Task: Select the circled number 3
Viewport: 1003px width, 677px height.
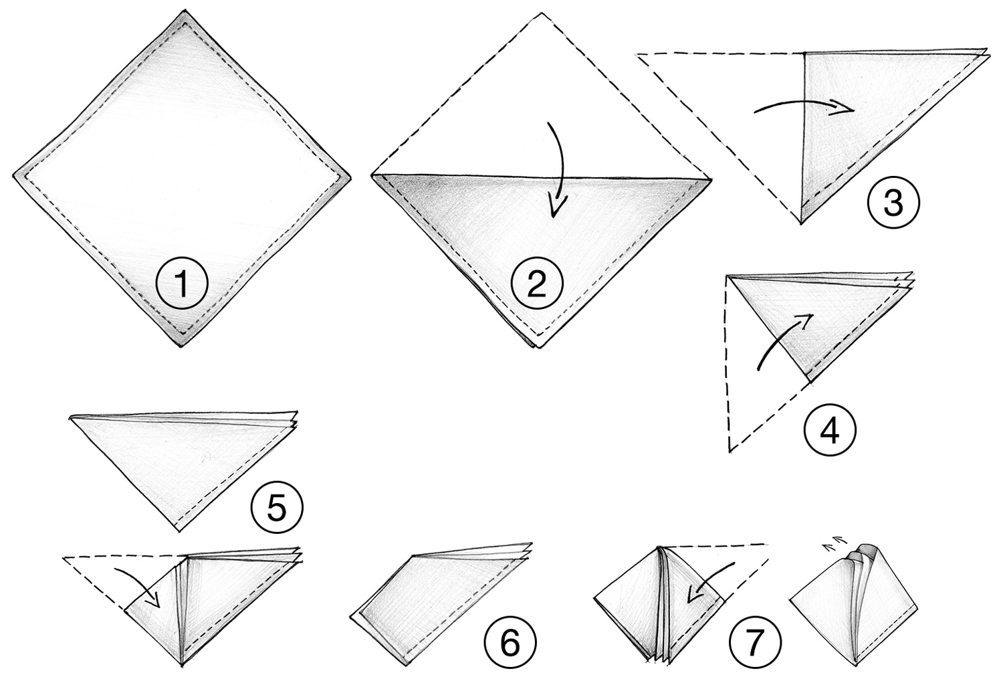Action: click(x=893, y=204)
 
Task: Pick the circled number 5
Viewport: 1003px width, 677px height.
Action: click(x=277, y=507)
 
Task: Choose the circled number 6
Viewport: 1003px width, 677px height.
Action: click(x=510, y=644)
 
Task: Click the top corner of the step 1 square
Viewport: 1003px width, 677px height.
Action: click(x=183, y=12)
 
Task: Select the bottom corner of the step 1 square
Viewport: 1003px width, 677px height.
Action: click(x=183, y=345)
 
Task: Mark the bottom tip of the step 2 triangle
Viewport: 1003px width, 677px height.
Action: click(x=540, y=348)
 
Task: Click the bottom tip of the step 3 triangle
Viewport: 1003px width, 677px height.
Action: click(x=801, y=223)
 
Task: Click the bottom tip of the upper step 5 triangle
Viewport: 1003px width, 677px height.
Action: click(x=178, y=530)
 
